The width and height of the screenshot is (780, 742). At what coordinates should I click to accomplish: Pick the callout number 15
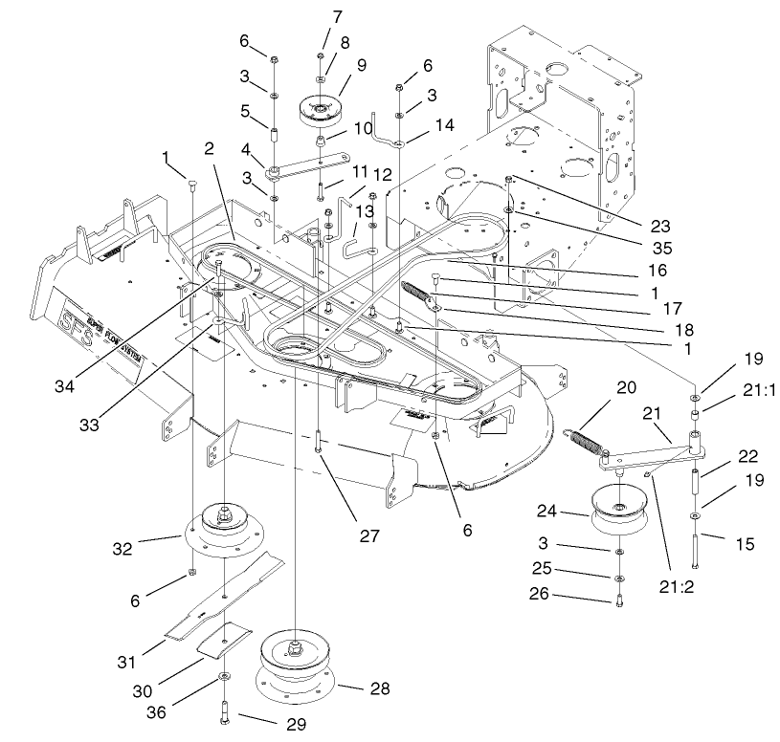[743, 545]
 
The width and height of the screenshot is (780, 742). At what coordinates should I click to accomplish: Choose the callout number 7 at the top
[336, 17]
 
